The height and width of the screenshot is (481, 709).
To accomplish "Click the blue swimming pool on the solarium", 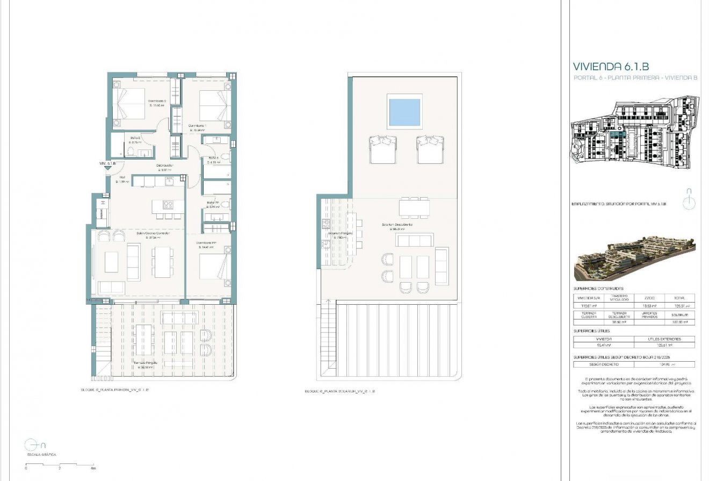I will (404, 112).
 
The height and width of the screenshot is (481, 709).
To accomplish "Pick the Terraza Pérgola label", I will (146, 363).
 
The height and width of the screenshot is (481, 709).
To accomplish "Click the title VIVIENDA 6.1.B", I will (611, 67).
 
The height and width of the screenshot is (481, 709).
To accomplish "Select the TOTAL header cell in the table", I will (679, 298).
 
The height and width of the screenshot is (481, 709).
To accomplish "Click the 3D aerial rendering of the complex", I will (634, 257).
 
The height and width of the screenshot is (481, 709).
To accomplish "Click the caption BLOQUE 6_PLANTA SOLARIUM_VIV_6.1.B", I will (339, 392).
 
